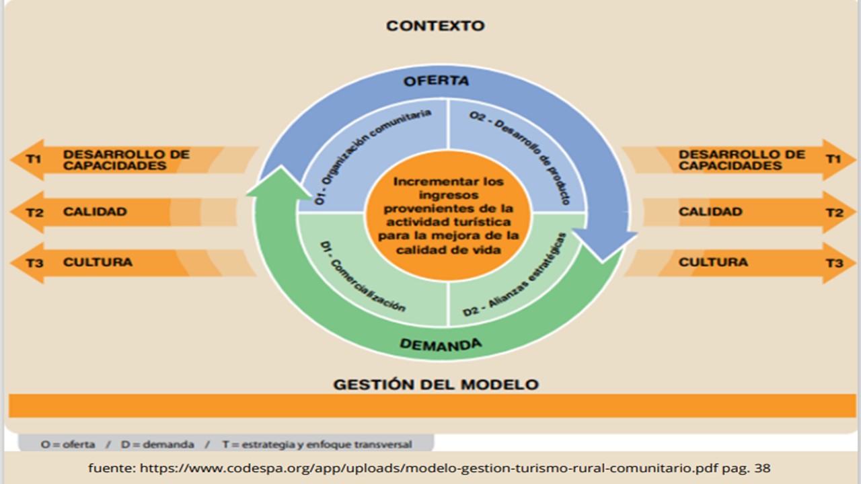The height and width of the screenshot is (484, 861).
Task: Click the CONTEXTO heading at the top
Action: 435,26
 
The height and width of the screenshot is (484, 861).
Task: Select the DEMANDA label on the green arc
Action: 441,346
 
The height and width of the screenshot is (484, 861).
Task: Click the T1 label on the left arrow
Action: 34,159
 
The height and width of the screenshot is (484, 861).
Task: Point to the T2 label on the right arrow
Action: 834,212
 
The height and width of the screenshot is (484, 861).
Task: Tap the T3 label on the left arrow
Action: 34,263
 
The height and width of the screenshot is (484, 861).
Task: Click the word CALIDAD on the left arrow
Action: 95,212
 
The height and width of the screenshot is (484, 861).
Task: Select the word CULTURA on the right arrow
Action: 713,262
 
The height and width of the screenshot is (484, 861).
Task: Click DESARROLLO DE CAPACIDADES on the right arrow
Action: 741,160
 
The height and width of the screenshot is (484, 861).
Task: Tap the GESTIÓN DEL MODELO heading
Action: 436,385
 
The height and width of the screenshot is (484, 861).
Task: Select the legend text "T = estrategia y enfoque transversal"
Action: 317,444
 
